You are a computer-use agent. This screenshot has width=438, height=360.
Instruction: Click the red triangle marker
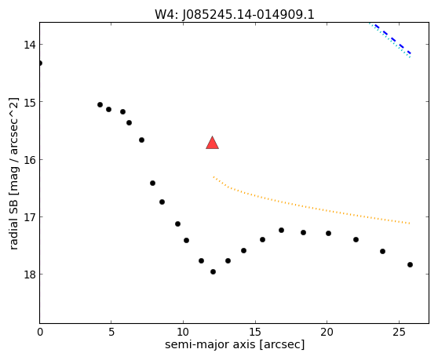[212, 144]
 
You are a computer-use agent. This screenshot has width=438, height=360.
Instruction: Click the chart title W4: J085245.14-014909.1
[235, 15]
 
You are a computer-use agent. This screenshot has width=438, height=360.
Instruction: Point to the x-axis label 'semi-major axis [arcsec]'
[235, 344]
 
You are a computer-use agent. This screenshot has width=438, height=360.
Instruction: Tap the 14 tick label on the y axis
[30, 45]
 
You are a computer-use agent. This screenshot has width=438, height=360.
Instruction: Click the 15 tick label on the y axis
[30, 102]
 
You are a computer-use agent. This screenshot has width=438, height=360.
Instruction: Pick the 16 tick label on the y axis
[30, 160]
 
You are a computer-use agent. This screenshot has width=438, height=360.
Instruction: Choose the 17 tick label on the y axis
[30, 217]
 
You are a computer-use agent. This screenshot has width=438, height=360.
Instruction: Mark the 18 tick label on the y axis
[30, 275]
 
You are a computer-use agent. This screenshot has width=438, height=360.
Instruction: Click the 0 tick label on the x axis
[40, 332]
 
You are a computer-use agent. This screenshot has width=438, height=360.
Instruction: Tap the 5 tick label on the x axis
[111, 332]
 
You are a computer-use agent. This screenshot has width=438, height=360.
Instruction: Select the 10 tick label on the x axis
[183, 332]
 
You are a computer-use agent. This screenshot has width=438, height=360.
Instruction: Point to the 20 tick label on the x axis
[327, 332]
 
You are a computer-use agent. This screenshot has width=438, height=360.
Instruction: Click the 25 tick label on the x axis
[399, 332]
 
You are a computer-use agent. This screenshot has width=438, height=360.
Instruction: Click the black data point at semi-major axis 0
[40, 63]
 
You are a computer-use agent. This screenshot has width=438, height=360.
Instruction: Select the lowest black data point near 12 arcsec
[214, 271]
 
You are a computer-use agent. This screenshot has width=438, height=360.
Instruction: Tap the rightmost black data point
[410, 264]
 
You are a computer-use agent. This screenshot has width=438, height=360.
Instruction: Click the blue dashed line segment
[392, 39]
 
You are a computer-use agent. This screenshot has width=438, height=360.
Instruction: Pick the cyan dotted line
[389, 41]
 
